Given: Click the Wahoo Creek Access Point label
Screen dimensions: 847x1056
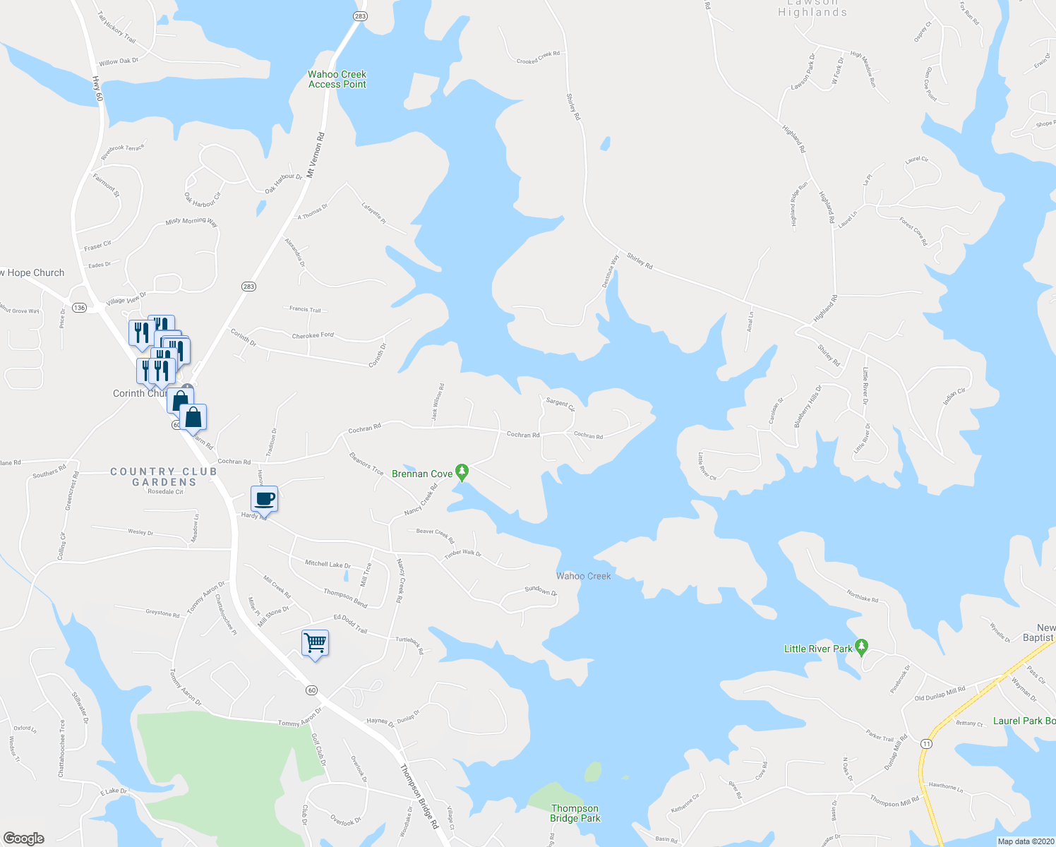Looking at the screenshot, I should point(337,79).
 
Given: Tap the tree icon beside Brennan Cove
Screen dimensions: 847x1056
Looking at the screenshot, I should point(462,471).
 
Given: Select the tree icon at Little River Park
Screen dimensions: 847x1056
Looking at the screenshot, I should point(861,646).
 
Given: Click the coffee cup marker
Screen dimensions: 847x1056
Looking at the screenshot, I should point(265,499).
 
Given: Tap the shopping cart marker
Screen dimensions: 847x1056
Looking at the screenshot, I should point(315,643).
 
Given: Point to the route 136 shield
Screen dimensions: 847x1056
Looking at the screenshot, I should point(80,308).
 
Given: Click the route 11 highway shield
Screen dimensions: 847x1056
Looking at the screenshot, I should point(926,743).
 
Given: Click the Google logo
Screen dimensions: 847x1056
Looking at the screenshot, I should point(23,839).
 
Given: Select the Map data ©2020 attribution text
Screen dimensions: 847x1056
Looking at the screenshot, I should point(1025,841).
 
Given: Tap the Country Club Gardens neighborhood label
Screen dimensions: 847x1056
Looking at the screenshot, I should point(154,476).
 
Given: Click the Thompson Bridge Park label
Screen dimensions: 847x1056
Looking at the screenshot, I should point(575,813).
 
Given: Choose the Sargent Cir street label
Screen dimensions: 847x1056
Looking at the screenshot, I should point(560,404).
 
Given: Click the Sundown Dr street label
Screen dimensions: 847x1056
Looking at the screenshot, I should point(541,591).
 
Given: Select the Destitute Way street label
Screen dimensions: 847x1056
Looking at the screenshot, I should point(611,270).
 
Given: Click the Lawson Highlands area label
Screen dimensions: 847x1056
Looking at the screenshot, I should point(812,8).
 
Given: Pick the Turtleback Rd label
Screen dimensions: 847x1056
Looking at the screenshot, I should point(409,644).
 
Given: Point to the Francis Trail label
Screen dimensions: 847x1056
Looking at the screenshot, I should point(305,309).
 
